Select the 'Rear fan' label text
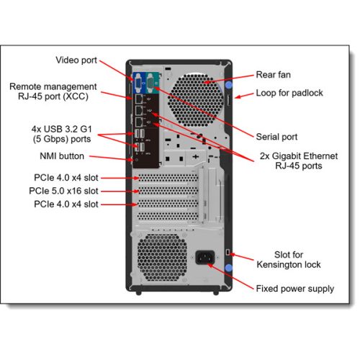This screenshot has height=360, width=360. (x=273, y=74)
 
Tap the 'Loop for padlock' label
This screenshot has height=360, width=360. (x=289, y=93)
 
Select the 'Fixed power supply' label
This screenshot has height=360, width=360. (x=294, y=289)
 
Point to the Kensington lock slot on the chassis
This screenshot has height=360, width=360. (x=228, y=253)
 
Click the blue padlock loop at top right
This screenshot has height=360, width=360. (x=229, y=86)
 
